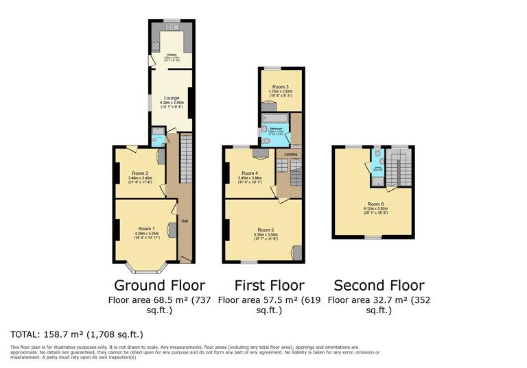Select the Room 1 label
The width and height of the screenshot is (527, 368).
[x=146, y=228]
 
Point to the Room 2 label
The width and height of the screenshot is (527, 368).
[x=140, y=173]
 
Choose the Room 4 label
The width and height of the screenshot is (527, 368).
[x=249, y=173]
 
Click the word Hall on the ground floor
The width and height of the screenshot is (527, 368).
[x=184, y=221]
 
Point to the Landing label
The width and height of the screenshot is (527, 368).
[x=291, y=154]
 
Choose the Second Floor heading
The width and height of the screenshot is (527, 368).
[x=378, y=285]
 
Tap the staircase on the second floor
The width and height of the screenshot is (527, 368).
[x=399, y=167]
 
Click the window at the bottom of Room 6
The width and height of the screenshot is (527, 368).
[x=373, y=238]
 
